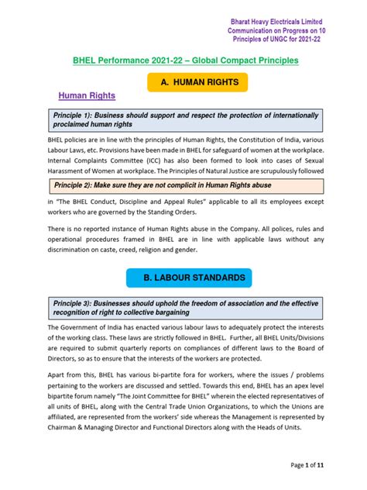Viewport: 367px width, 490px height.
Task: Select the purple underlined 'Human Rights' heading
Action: (x=87, y=95)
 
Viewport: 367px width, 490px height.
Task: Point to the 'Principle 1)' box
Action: (x=183, y=119)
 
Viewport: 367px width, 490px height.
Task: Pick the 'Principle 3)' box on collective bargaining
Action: (x=183, y=306)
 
